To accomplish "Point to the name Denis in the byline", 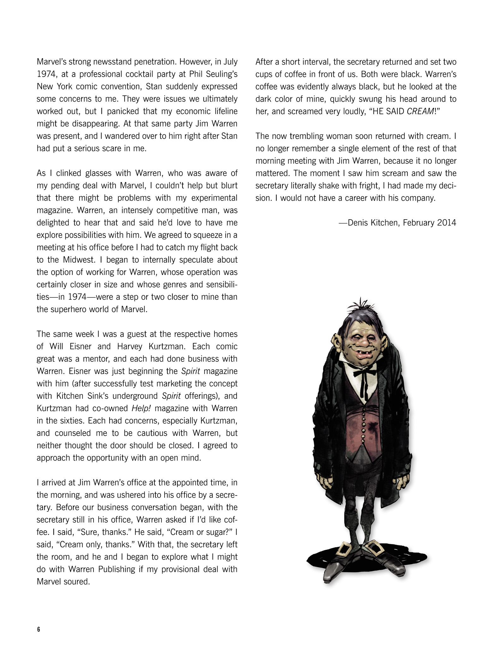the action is pos(358,223).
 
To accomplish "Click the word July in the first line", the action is pos(229,62).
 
